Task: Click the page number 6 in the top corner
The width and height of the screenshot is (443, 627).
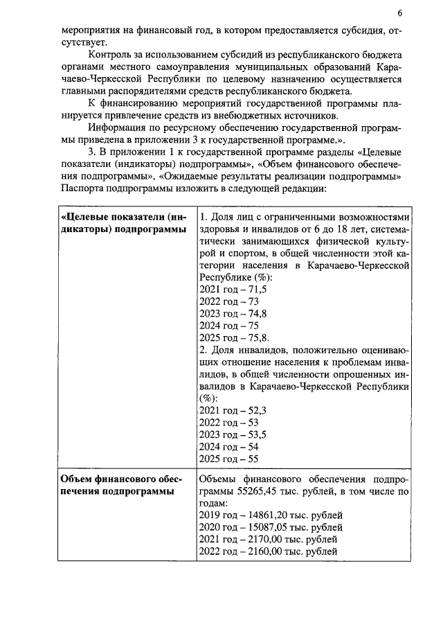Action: pos(399,13)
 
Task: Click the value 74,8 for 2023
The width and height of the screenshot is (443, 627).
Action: pos(256,313)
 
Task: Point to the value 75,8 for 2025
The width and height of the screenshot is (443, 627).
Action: pos(257,337)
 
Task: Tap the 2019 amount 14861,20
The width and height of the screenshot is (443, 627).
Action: pos(264,515)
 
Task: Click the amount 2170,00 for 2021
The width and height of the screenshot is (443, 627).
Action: pos(262,540)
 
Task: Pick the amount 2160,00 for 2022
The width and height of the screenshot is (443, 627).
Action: pos(262,551)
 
